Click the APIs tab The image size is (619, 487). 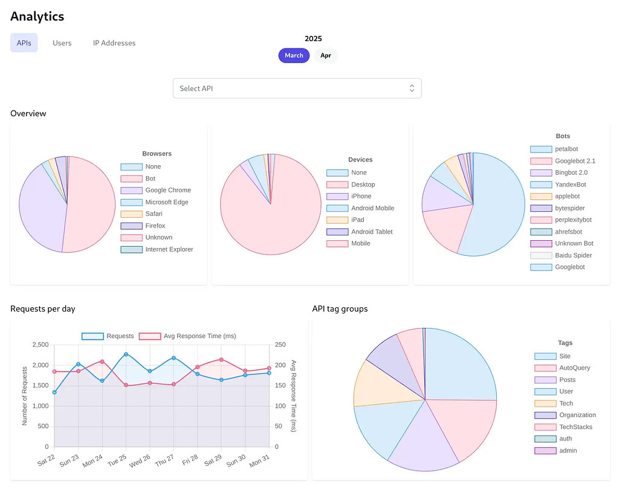[x=24, y=43]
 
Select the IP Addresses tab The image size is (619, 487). [x=114, y=43]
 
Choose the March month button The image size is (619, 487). [x=294, y=56]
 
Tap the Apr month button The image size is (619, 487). [x=326, y=56]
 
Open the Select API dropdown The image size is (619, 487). [x=297, y=88]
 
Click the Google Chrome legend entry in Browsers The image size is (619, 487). [x=156, y=191]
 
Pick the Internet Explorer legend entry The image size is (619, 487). [x=157, y=249]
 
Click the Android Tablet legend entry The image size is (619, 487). [x=360, y=232]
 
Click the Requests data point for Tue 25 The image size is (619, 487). [x=126, y=355]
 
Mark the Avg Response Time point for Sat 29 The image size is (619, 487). [x=221, y=360]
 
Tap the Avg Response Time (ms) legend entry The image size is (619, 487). [x=187, y=336]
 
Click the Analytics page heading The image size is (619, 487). [x=37, y=16]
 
